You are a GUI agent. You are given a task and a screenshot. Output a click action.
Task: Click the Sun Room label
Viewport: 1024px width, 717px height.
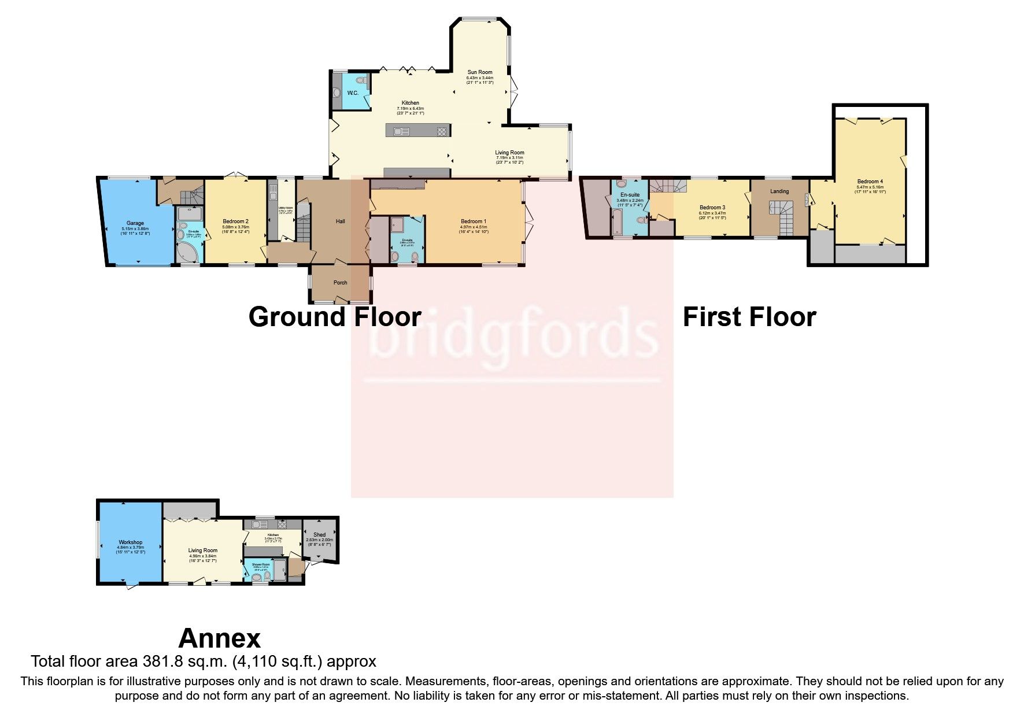coord(480,72)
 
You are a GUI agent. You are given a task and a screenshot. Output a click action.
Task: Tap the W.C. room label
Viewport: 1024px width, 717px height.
coord(353,93)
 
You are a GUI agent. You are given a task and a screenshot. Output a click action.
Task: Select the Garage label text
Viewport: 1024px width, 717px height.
coord(135,223)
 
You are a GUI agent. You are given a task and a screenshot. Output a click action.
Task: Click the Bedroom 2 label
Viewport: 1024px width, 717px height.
coord(235,221)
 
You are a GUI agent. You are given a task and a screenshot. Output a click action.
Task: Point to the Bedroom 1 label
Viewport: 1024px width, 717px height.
coord(474,221)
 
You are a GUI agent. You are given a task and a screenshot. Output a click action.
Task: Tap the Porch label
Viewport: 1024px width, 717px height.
coord(341,283)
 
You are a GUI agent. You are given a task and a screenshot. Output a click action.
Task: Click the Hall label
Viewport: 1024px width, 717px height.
coord(341,221)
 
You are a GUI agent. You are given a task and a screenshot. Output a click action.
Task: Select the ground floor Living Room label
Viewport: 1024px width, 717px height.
coord(509,153)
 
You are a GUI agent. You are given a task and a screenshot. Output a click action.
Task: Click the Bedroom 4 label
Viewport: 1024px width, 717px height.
coord(870,182)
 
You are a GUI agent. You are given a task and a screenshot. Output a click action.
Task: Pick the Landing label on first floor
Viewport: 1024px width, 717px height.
coord(779,191)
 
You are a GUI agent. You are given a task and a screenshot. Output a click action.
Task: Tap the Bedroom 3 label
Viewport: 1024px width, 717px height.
coord(712,208)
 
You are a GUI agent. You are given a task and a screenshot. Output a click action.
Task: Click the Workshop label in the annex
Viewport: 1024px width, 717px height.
coord(130,542)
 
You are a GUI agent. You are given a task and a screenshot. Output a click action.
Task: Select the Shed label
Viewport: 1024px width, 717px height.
coord(319,535)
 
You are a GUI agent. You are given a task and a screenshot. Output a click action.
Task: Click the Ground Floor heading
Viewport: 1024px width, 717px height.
coord(335,317)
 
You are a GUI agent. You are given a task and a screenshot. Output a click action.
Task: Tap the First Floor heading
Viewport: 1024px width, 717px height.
coord(749,317)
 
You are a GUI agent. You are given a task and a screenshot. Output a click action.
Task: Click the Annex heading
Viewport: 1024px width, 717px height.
coord(220,638)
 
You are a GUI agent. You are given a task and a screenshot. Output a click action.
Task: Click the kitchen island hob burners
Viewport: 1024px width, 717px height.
coord(442,131)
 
